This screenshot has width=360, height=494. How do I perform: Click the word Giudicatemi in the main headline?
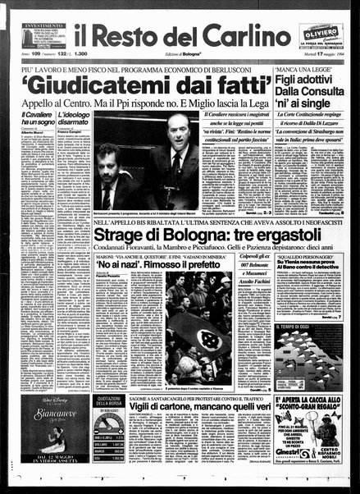pos(96,86)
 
